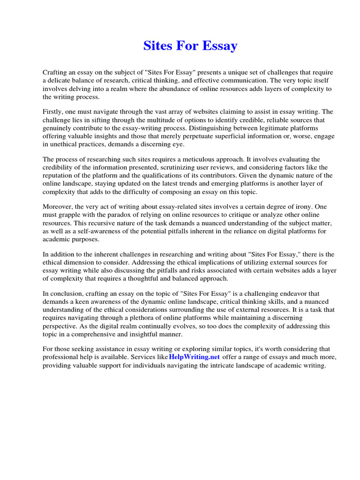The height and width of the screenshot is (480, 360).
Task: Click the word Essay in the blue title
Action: click(219, 46)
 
